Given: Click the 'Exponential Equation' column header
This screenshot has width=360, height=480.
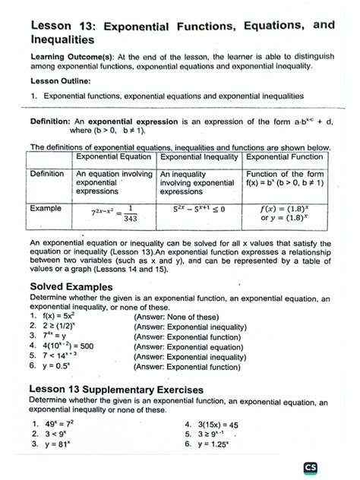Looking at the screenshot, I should pyautogui.click(x=114, y=156).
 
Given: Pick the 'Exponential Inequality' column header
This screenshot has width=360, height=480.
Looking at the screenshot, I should pyautogui.click(x=198, y=156).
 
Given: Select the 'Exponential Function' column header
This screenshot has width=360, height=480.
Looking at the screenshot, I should pyautogui.click(x=284, y=156).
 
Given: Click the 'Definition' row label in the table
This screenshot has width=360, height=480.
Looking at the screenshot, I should pyautogui.click(x=47, y=174).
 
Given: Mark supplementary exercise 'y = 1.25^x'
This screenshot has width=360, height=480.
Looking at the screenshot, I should pyautogui.click(x=223, y=446).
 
